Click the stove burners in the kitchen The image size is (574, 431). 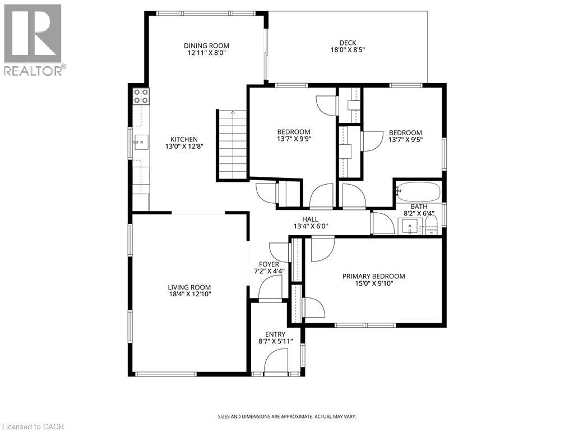point(141,96)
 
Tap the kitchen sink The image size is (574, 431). point(140,143)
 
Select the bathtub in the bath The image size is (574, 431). point(418,192)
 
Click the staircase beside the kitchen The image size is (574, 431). point(232,145)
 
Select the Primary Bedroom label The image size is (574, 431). point(373,276)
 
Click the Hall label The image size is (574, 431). point(310,219)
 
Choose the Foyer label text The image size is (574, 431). point(269,264)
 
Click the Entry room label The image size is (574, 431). point(275,334)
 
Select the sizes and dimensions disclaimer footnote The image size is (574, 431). point(286,416)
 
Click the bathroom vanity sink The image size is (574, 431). point(410,227)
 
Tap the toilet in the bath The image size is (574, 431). point(430,229)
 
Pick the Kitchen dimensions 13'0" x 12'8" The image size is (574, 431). point(184,146)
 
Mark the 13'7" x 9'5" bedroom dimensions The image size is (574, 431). point(405,140)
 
